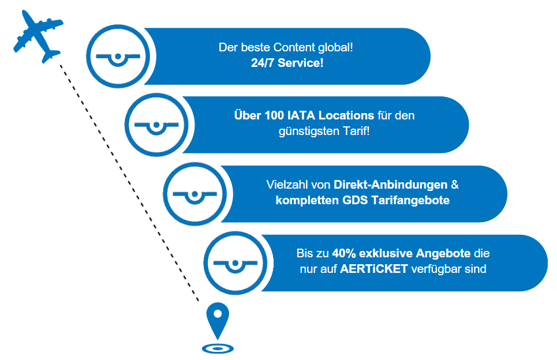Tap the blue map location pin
click(x=218, y=319)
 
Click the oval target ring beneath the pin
click(x=218, y=348)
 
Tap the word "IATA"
click(x=300, y=115)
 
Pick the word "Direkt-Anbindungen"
click(x=391, y=185)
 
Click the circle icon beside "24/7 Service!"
click(x=118, y=57)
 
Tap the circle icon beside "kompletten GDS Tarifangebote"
click(x=195, y=194)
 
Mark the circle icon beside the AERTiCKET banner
click(x=235, y=262)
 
